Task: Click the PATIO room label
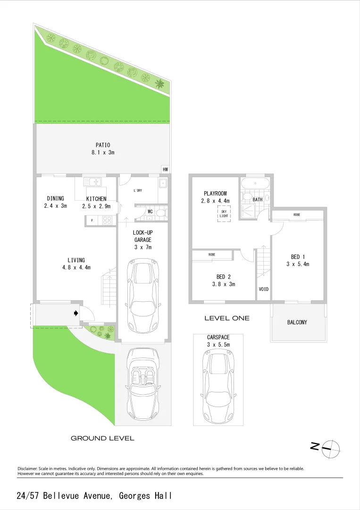coord(103,145)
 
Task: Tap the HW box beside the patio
coord(165,170)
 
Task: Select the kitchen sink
coord(93,181)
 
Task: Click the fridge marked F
coord(92,220)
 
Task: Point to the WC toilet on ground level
coord(160,212)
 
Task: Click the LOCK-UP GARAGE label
coord(142,236)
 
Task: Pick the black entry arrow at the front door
coord(75,313)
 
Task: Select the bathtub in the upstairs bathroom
coord(255,183)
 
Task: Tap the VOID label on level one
coord(264,289)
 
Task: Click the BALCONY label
coord(297,322)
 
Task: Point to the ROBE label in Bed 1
coord(297,215)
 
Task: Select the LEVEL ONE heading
coord(227,318)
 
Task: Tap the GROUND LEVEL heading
coord(102,438)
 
